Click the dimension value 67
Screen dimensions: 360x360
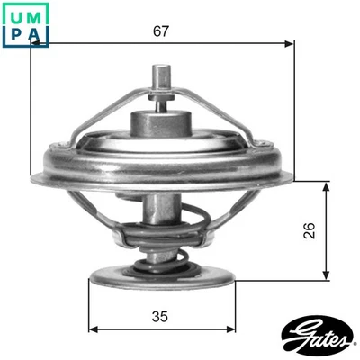[161, 31]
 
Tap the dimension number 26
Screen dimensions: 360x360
[308, 231]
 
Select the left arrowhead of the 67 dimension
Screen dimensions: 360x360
[35, 42]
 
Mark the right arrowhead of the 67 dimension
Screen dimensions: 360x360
[289, 42]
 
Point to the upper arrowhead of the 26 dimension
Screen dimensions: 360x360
[325, 184]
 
